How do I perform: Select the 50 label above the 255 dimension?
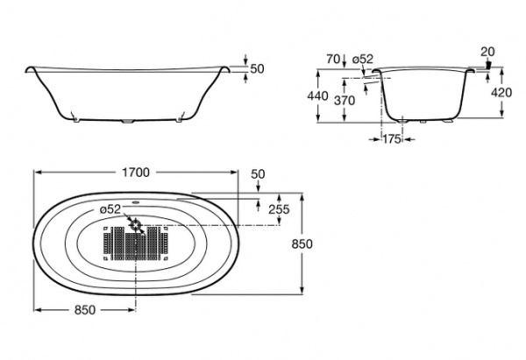point(258,175)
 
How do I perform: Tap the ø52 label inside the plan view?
point(110,208)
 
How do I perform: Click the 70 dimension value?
point(331,59)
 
